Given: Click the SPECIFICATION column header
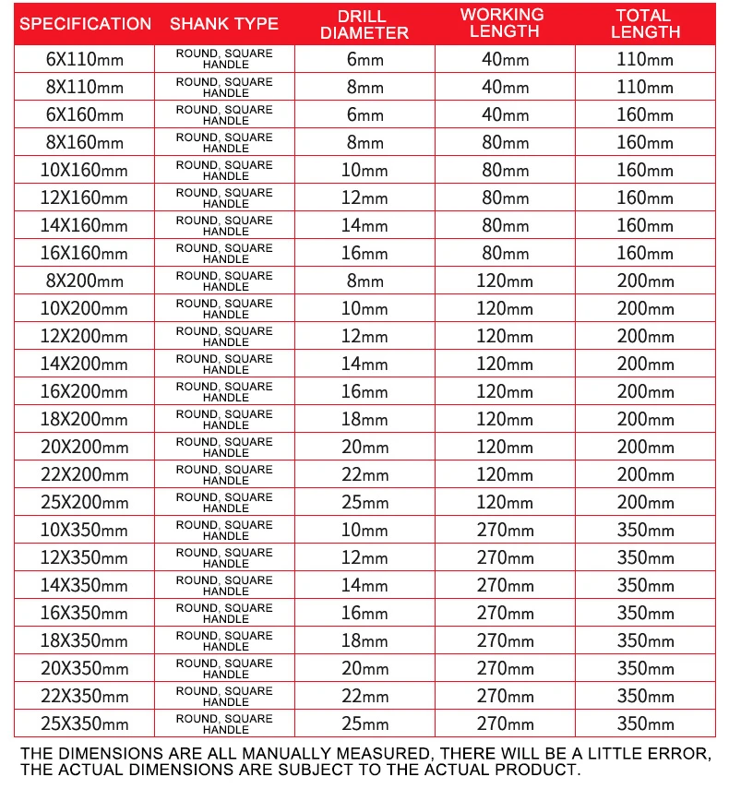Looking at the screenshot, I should pos(85,24).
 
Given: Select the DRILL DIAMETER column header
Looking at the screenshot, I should pos(365,24).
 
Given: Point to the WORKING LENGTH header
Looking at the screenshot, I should pos(505,23).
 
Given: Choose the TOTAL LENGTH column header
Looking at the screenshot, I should pos(645,23).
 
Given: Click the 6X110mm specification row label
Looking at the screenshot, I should pos(85,60).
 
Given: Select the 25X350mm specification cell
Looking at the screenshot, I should pos(85,723).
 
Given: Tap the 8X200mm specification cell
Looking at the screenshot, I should pos(85,281).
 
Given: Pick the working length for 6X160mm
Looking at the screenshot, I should pos(505,115).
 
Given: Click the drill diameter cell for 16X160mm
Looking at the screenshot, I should pos(365,254).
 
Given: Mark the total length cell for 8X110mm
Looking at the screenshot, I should pos(645,88).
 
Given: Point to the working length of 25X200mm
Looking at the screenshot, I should pos(505,503).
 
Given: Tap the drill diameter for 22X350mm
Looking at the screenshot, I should pos(365,696).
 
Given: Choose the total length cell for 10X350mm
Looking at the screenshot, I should pos(645,531).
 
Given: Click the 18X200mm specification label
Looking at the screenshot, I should pos(85,420).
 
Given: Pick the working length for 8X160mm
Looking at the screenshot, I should pos(505,143).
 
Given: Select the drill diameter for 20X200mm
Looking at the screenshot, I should pos(365,448).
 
